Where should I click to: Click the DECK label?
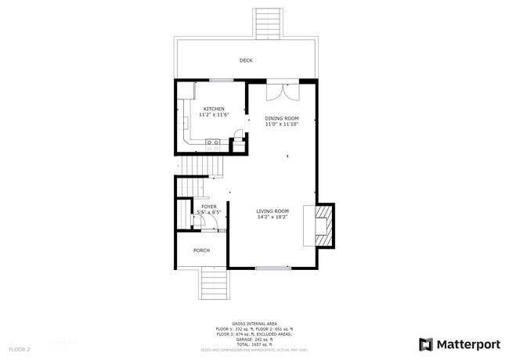[246, 60]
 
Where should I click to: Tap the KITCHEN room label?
[214, 109]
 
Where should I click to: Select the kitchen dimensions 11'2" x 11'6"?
[214, 115]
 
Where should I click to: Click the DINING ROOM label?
[282, 118]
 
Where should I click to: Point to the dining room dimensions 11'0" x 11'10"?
[282, 124]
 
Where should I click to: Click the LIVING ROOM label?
[273, 211]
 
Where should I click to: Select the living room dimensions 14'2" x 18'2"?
[273, 217]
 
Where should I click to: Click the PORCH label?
[201, 250]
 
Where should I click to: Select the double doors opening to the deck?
[282, 91]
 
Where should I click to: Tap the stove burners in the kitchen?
[211, 142]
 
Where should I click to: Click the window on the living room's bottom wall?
[272, 268]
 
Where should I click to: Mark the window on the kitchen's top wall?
[220, 80]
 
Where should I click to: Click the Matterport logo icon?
[426, 344]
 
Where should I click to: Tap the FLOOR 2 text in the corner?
[20, 348]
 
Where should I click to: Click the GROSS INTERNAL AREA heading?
[254, 322]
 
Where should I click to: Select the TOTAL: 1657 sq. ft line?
[254, 344]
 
